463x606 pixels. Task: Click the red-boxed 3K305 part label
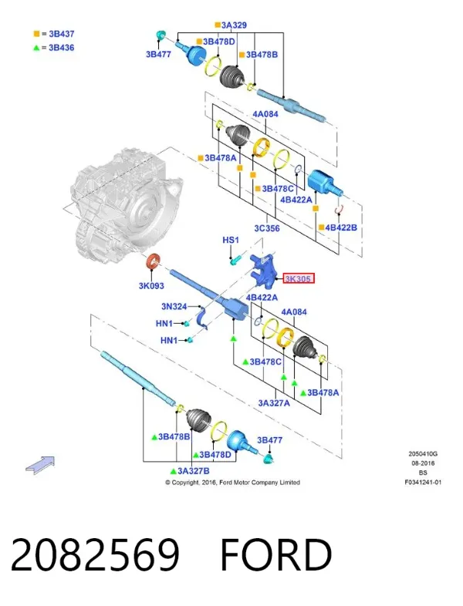point(298,278)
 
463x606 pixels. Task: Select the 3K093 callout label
point(151,286)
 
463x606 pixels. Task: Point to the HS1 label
point(231,240)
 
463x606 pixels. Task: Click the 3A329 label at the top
point(234,25)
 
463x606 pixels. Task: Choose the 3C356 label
point(267,228)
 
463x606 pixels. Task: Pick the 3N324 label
point(174,307)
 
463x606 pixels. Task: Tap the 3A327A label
point(274,403)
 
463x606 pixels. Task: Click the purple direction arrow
point(40,465)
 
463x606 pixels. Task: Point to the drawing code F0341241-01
point(423,482)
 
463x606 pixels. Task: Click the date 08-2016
point(423,463)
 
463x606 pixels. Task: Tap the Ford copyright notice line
point(233,483)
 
